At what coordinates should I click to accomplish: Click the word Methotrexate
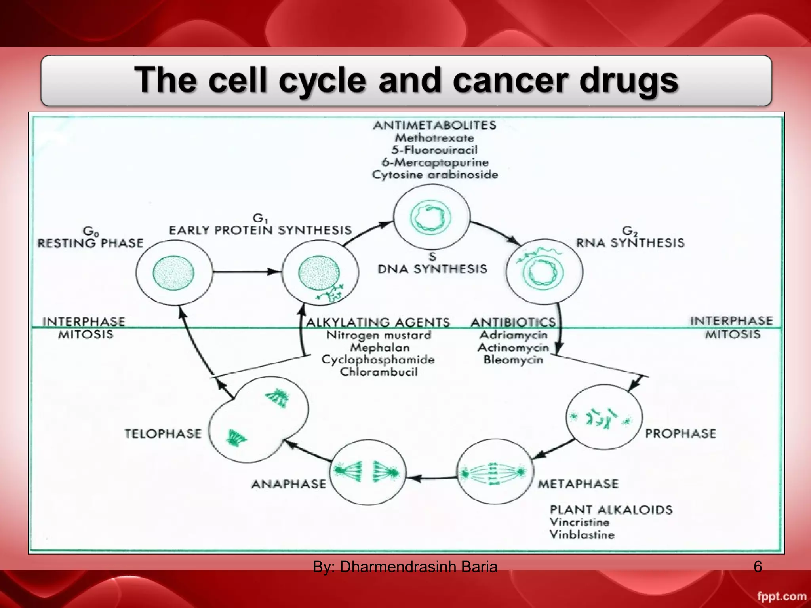[x=434, y=138]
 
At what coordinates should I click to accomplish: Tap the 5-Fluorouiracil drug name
[x=434, y=150]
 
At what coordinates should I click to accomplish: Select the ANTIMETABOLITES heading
[x=434, y=125]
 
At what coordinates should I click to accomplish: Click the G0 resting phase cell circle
[x=174, y=272]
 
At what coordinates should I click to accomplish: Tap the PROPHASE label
[x=680, y=433]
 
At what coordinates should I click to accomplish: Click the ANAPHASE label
[x=289, y=484]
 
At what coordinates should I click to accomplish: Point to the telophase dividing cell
[x=258, y=420]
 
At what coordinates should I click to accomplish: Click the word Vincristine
[x=579, y=522]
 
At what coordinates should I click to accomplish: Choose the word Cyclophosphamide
[x=378, y=360]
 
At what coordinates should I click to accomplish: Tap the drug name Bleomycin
[x=513, y=360]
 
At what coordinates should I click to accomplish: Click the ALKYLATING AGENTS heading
[x=378, y=322]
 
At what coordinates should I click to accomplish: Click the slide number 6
[x=758, y=567]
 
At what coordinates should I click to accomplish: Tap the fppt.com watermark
[x=781, y=596]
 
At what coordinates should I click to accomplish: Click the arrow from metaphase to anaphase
[x=432, y=478]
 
